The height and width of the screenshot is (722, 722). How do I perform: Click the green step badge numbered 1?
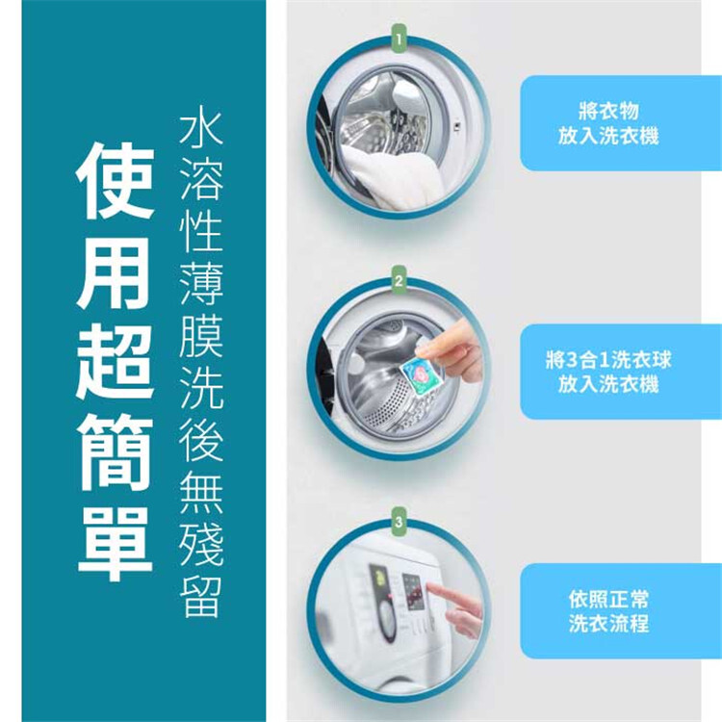pyautogui.click(x=399, y=39)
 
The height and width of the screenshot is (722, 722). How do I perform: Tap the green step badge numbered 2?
pyautogui.click(x=399, y=279)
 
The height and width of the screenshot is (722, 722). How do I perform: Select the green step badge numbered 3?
pyautogui.click(x=399, y=521)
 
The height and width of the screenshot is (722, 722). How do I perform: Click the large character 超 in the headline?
pyautogui.click(x=115, y=362)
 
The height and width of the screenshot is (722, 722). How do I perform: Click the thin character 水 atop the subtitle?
pyautogui.click(x=201, y=129)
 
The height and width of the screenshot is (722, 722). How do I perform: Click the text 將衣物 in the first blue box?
pyautogui.click(x=608, y=111)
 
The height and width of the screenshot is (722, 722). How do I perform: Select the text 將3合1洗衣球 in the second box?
pyautogui.click(x=607, y=360)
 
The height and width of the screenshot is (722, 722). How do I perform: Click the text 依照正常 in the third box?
pyautogui.click(x=608, y=599)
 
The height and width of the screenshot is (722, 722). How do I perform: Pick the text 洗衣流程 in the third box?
pyautogui.click(x=608, y=623)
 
